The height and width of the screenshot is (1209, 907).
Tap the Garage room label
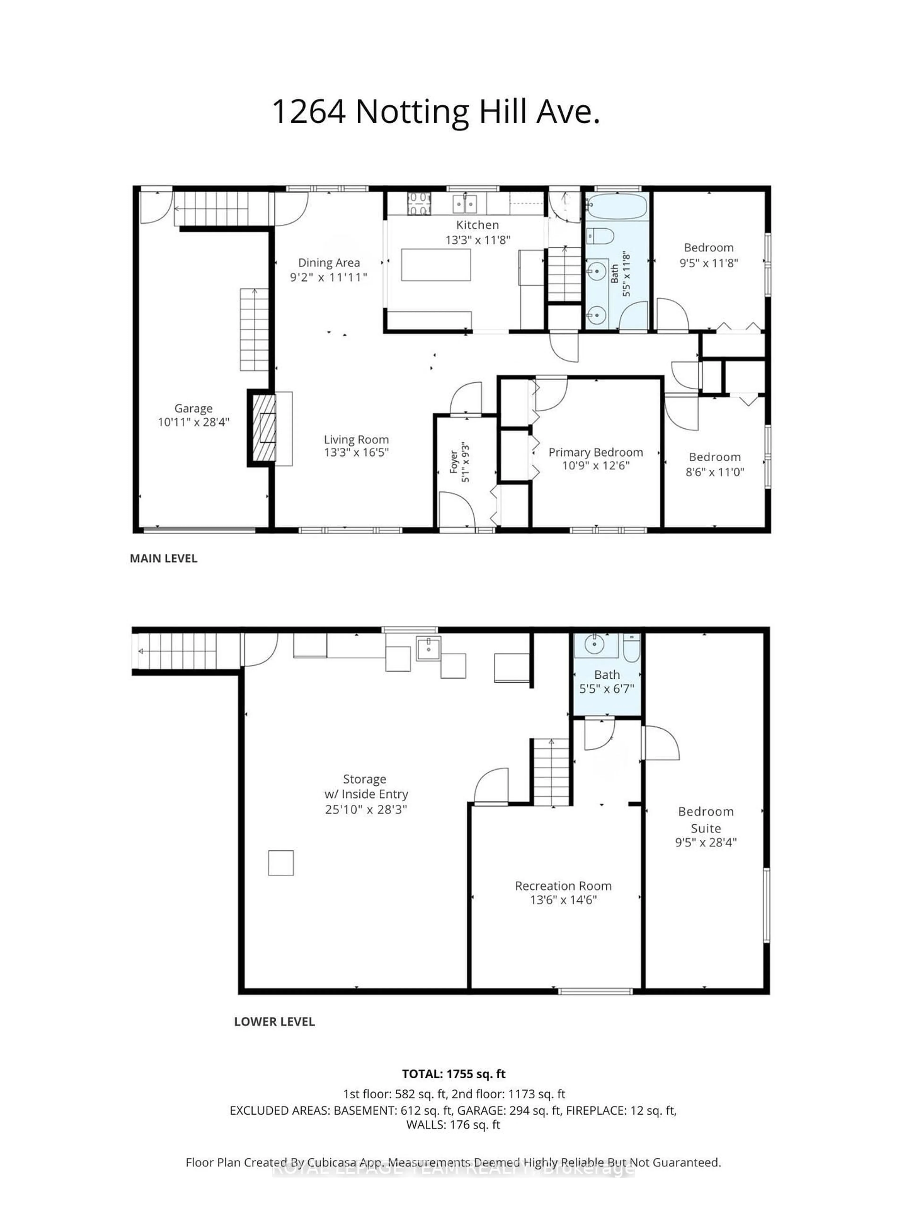(193, 408)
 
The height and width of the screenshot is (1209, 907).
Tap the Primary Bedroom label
(595, 452)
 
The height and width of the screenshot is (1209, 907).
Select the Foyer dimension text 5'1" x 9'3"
(465, 462)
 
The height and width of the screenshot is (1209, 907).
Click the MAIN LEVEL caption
(163, 558)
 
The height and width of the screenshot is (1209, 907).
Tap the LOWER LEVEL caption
(274, 1022)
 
